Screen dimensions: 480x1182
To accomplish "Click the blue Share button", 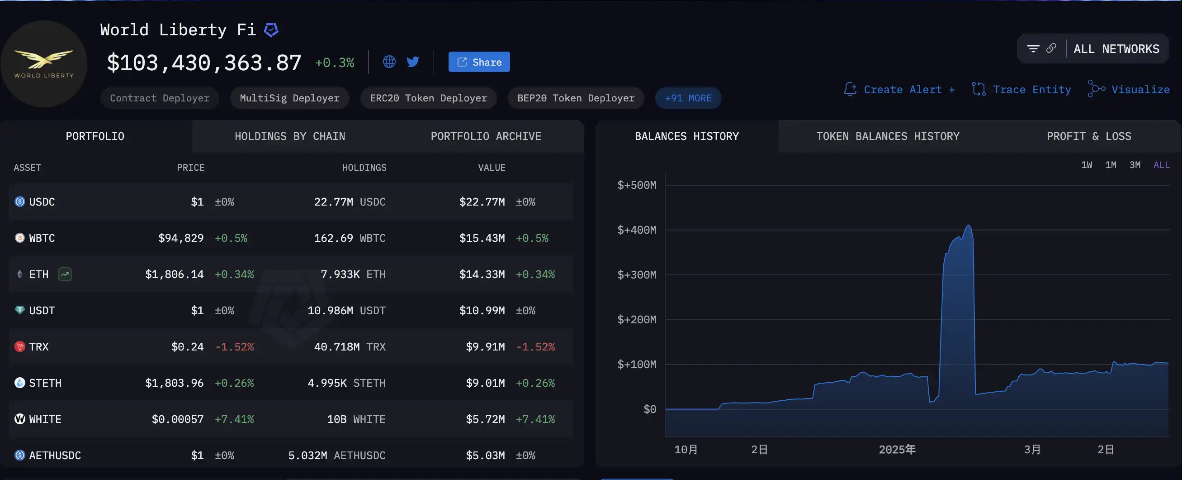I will tap(478, 62).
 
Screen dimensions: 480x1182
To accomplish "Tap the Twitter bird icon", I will tap(412, 62).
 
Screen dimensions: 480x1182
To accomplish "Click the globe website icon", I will tap(389, 62).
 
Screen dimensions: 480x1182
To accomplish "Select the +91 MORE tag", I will tap(688, 98).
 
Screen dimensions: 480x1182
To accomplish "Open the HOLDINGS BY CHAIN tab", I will tap(289, 136).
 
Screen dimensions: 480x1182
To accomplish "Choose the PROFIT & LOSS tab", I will tap(1088, 136).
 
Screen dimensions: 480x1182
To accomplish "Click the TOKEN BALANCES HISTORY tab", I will tap(888, 136).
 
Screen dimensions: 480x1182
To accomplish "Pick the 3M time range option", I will tap(1134, 165).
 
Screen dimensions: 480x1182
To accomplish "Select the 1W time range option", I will tap(1086, 165).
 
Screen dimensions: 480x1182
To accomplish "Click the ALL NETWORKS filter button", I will tap(1116, 49).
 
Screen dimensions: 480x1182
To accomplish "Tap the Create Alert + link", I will tap(899, 90).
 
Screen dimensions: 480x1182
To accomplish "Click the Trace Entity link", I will tap(1021, 90).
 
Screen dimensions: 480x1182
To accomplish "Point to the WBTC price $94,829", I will tap(181, 238).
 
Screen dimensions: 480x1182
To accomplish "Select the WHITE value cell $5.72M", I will tap(485, 419).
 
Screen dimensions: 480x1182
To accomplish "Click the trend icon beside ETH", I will tap(65, 274).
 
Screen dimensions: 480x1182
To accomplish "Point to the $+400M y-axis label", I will tap(636, 230).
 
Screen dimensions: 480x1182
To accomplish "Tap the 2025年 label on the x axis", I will tap(897, 449).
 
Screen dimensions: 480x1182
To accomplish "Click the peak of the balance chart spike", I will tap(968, 226).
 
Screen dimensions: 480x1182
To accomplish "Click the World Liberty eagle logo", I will tap(43, 63).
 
